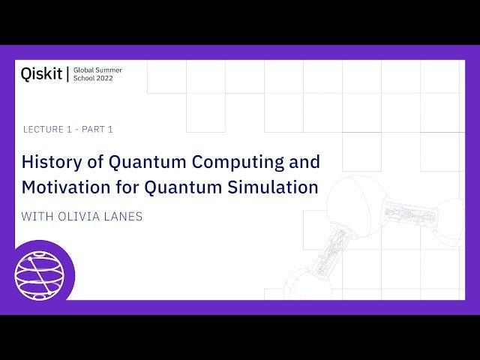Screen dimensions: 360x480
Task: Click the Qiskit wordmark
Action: tap(42, 73)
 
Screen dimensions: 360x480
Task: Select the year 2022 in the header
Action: tap(105, 78)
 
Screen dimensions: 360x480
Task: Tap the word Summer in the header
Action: tap(110, 70)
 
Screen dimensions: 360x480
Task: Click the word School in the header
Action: tap(85, 78)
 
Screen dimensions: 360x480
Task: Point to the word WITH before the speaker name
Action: tap(36, 217)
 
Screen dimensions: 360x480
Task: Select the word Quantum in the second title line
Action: tap(188, 187)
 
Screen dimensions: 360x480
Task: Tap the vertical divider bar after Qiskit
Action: tap(68, 73)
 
